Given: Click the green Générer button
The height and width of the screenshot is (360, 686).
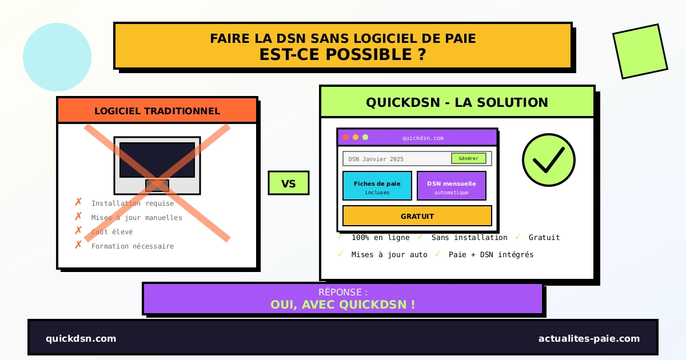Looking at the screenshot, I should coord(468,158).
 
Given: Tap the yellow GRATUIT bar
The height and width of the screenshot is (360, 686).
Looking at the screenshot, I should coord(417,216).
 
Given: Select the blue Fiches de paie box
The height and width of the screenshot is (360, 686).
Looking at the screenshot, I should coord(377,186).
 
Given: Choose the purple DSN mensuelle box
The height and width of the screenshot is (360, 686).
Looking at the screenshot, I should coord(451,186).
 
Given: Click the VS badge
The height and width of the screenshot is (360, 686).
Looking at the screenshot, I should coord(289,183).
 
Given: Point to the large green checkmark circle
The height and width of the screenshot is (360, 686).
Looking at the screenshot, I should coord(548,160).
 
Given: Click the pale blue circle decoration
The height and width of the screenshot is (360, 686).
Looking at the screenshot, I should coord(57,57).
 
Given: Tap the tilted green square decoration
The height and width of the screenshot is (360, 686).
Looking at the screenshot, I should coord(640,51).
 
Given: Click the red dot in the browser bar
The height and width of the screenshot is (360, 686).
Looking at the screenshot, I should coord(346,137).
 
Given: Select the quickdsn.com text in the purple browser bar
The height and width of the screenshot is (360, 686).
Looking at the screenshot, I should coord(422,138).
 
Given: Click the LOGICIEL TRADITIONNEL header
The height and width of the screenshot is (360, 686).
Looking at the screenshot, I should coord(157,111).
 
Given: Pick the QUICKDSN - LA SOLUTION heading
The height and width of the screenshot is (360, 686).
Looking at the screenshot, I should coord(457,102).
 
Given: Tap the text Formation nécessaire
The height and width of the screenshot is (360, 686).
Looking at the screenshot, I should coord(133,246).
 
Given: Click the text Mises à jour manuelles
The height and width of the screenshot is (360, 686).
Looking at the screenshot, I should coord(137,218).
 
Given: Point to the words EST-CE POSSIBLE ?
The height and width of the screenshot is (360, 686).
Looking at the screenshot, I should coord(342,55).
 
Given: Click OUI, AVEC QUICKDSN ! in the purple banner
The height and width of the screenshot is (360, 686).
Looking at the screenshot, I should coord(342,305).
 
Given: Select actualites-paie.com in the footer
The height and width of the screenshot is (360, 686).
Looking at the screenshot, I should coord(589,338).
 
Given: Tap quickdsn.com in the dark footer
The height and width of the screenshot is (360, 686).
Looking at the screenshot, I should coord(81,338).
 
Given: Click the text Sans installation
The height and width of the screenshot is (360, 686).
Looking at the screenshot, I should coord(469,238).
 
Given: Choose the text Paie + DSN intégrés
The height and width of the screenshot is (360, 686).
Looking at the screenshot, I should coord(491,255).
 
